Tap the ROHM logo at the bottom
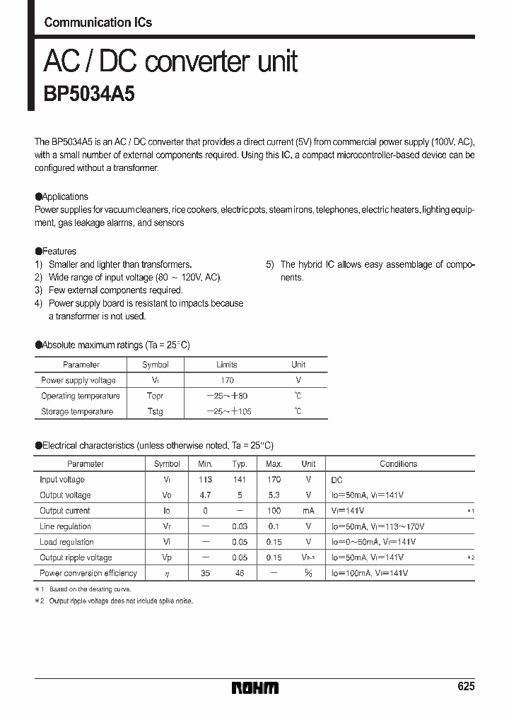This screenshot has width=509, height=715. point(255,687)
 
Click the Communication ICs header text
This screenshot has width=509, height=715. point(98,23)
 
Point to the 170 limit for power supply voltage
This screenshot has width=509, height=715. point(227,380)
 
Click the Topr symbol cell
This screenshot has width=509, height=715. point(155,396)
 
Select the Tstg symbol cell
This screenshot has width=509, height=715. point(155,411)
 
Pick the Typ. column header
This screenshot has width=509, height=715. point(240,464)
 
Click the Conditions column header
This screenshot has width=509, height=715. point(398,464)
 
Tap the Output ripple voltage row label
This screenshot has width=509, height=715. point(76,557)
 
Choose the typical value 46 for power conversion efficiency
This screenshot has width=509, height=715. point(240,573)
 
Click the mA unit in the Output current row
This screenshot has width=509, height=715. point(308,511)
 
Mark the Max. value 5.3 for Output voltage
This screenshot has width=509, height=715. point(274,495)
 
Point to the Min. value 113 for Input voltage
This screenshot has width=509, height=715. point(205,480)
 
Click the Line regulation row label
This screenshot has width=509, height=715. point(65,526)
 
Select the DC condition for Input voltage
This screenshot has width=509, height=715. point(337,480)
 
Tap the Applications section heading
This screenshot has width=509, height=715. point(62,197)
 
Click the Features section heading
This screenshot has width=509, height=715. point(56,252)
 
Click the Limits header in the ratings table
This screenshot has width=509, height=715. point(227,365)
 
